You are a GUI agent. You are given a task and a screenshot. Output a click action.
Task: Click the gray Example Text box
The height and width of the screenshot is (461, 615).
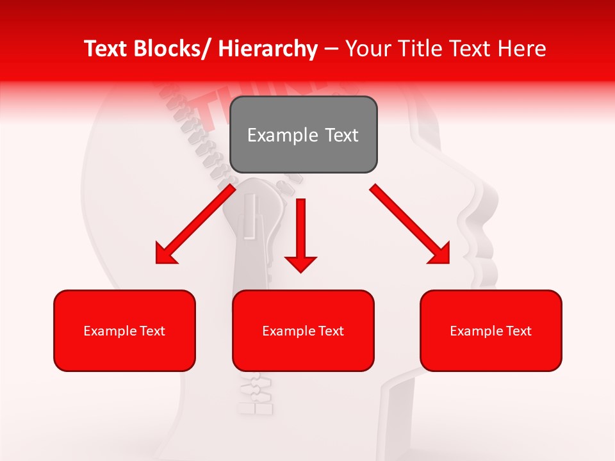303,134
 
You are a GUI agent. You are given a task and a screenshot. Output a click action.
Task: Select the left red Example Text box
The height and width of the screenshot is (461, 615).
124,330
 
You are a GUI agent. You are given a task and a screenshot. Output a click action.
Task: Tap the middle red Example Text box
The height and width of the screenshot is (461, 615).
303,330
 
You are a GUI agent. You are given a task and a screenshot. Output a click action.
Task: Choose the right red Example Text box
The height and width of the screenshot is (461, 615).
491,330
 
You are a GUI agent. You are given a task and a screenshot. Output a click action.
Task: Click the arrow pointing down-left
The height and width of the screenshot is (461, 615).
195,224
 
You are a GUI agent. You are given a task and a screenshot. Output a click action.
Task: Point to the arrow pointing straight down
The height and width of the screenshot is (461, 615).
300,234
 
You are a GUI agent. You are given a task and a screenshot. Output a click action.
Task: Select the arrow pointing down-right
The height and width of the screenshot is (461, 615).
410,224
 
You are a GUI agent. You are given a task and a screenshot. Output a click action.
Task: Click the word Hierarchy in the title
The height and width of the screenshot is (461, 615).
267,49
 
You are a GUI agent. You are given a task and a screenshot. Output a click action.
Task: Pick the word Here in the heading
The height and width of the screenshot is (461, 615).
522,49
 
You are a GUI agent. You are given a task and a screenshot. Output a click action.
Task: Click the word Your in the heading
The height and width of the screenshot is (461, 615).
367,49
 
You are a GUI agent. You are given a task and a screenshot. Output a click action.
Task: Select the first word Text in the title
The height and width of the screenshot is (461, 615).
106,49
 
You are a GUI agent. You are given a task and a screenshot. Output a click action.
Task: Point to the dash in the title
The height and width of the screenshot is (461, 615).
331,49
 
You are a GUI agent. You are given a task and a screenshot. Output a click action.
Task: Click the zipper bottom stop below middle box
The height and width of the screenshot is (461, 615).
256,407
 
